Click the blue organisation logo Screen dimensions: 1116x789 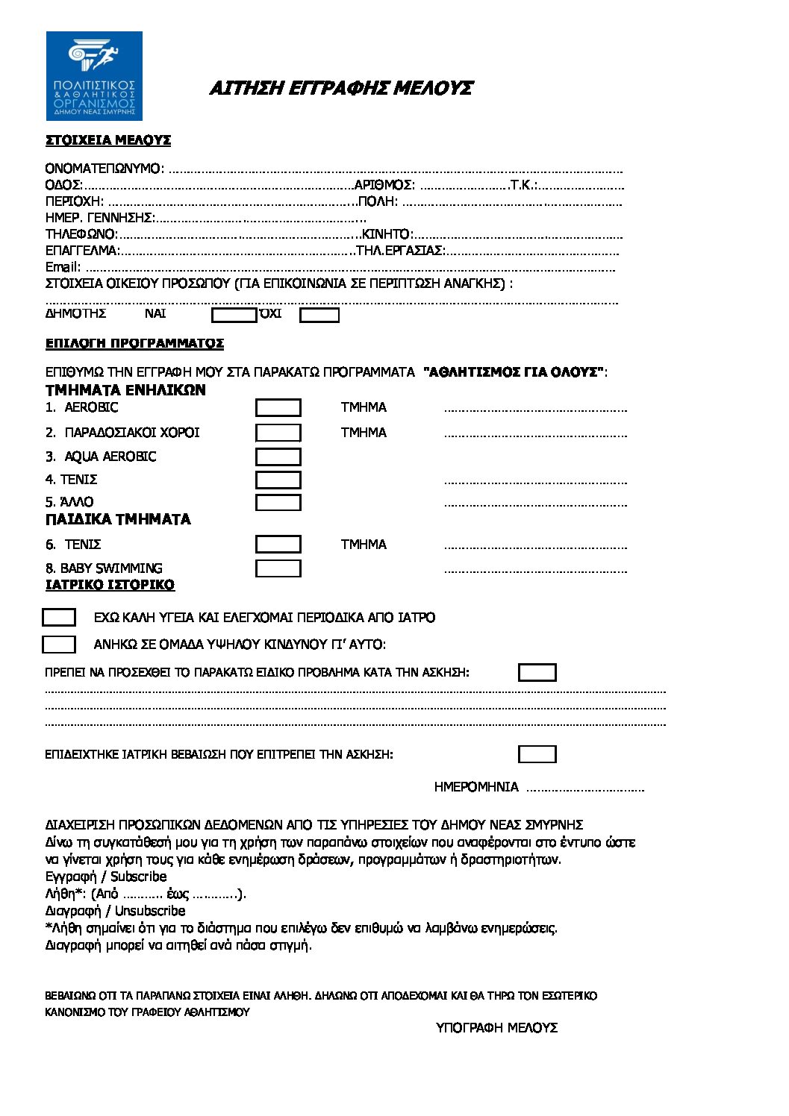(94, 76)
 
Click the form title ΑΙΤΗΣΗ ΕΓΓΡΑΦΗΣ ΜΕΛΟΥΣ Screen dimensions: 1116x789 (341, 88)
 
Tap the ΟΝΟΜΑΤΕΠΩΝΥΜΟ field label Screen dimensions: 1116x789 (103, 169)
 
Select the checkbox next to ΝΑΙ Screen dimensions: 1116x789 (234, 315)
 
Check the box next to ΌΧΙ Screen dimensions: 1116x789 (319, 315)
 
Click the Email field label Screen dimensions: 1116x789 (63, 267)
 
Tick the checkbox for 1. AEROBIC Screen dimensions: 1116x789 (278, 407)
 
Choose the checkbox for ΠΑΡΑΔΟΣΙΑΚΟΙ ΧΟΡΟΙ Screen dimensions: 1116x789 (278, 433)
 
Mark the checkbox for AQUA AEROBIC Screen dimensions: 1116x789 (278, 457)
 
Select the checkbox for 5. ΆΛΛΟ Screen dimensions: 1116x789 (278, 503)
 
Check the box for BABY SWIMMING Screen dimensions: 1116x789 (278, 568)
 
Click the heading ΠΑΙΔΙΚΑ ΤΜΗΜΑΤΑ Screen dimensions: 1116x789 (118, 519)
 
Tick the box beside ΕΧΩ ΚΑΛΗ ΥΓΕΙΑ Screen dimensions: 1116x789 (59, 618)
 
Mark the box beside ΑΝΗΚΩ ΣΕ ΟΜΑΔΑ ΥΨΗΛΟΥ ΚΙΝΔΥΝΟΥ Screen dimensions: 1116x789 (59, 645)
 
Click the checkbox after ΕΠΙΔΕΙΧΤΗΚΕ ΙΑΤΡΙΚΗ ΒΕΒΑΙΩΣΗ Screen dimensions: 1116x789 (537, 754)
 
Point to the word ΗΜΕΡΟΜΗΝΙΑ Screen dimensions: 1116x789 (476, 787)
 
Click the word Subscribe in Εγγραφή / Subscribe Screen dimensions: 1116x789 (139, 877)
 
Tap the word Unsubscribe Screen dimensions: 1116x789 (150, 911)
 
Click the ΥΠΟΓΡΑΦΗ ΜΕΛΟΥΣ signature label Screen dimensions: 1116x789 (497, 1028)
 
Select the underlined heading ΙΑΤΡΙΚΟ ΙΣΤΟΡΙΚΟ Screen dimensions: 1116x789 (110, 585)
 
